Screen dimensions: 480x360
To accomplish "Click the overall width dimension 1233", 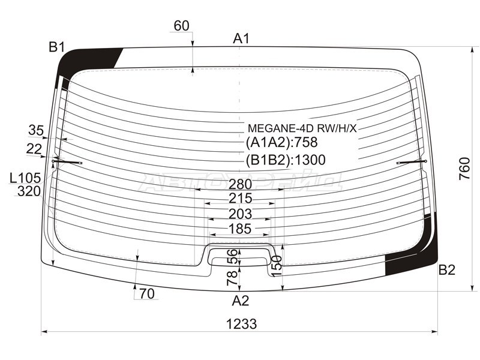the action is pyautogui.click(x=241, y=323).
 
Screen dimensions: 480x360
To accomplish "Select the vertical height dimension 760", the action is pyautogui.click(x=464, y=169).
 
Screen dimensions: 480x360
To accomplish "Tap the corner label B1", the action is pyautogui.click(x=57, y=47).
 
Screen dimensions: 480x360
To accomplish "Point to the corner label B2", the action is pyautogui.click(x=447, y=270).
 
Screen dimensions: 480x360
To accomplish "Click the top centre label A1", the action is pyautogui.click(x=242, y=39).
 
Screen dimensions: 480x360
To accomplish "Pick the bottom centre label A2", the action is pyautogui.click(x=241, y=301).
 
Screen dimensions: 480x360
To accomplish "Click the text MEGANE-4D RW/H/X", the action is pyautogui.click(x=302, y=128).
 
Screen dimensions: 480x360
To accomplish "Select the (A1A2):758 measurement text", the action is pyautogui.click(x=281, y=142).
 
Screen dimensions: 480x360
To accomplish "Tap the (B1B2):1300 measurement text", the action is pyautogui.click(x=286, y=160).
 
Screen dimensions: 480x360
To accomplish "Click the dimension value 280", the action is pyautogui.click(x=241, y=184).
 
